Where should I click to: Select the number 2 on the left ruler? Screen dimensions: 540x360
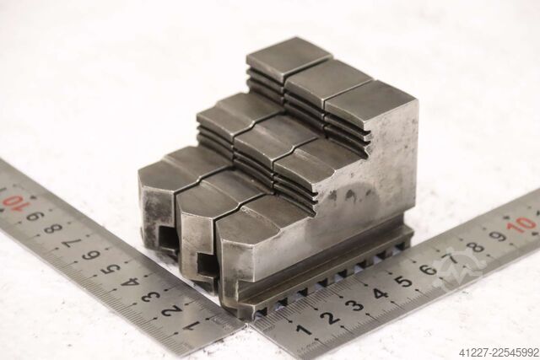pyautogui.click(x=170, y=310)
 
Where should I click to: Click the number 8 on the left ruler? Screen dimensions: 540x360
pyautogui.click(x=54, y=228)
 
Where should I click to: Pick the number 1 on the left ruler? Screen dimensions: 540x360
pyautogui.click(x=192, y=325)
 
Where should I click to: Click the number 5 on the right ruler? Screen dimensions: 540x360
pyautogui.click(x=405, y=281)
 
